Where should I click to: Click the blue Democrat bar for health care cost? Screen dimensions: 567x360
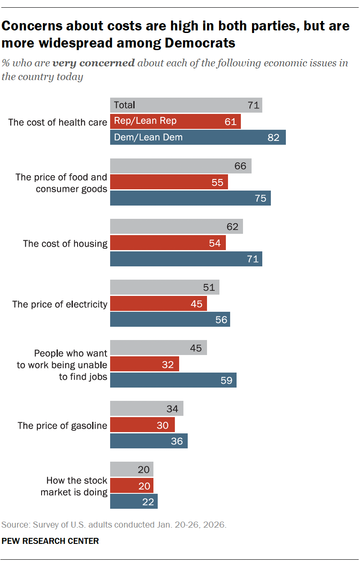click(198, 137)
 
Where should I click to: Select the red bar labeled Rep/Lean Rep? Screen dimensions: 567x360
click(175, 121)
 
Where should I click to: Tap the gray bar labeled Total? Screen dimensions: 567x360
click(186, 105)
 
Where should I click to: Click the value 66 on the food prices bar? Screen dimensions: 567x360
click(240, 166)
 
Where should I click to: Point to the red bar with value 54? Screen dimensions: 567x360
click(168, 243)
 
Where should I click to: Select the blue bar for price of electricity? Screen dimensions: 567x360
click(170, 319)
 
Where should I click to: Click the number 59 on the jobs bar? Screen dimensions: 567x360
click(226, 380)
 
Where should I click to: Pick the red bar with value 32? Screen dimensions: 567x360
click(144, 364)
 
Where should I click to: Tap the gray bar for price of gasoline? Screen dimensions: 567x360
click(147, 409)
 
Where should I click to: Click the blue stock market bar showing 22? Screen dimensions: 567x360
click(134, 501)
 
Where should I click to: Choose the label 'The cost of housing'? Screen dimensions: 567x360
click(65, 244)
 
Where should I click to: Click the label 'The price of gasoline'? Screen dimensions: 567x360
click(62, 426)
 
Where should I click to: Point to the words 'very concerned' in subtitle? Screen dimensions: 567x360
click(93, 63)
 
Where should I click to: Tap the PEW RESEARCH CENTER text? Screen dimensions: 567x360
click(50, 541)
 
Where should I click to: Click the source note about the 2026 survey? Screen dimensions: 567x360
click(114, 525)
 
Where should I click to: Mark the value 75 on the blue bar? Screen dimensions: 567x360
click(261, 198)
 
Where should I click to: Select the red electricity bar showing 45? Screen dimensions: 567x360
click(158, 304)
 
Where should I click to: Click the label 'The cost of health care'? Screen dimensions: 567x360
click(57, 122)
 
